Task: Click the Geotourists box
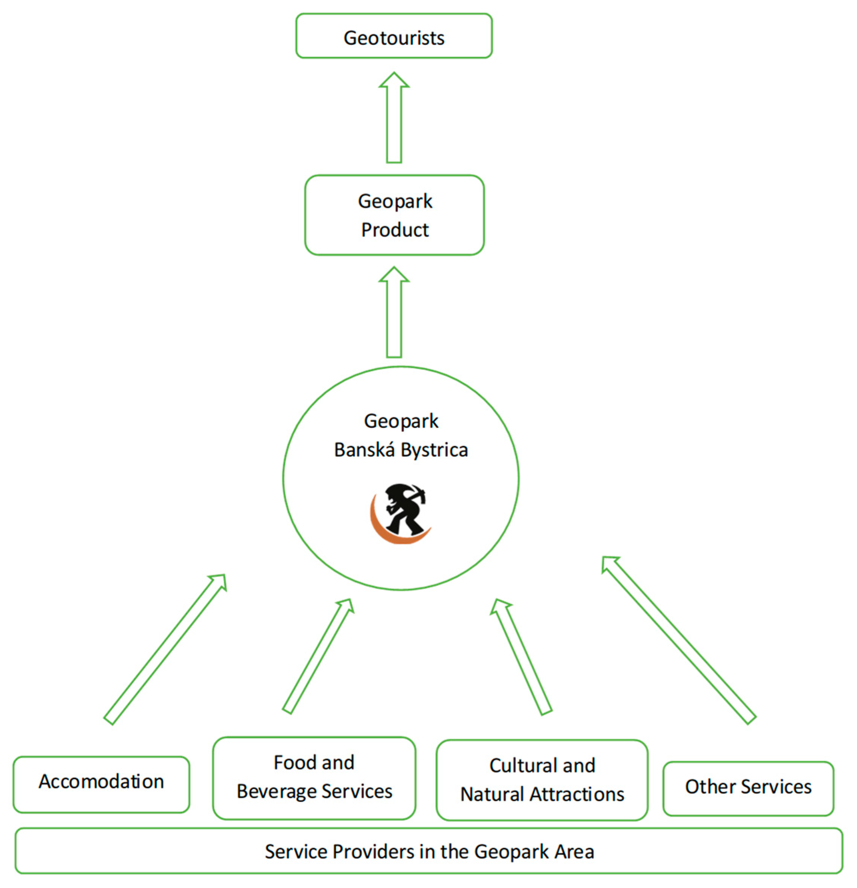coord(394,36)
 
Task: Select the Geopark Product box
coord(394,215)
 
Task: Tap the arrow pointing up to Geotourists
coord(394,118)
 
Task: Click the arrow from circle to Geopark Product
coord(394,312)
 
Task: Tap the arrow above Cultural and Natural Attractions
coord(521,657)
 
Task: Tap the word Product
coord(394,230)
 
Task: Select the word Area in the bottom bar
coord(574,851)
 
